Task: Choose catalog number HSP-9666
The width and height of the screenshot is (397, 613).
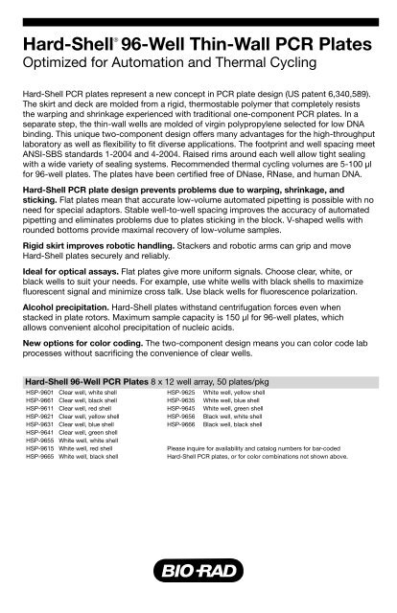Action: (181, 425)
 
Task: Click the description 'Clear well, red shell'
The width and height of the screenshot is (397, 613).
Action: (89, 409)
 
